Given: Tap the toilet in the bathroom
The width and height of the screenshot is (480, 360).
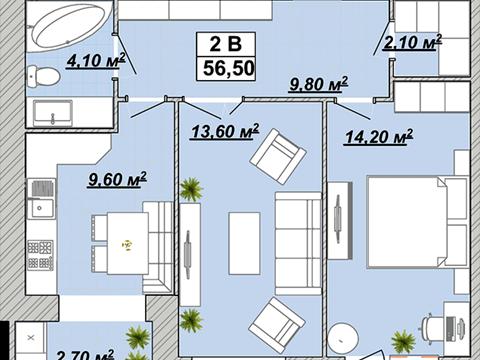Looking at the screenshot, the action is click(x=44, y=76).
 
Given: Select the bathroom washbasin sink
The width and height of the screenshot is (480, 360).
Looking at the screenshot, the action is click(x=53, y=113).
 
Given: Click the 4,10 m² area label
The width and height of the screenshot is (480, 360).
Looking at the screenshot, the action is click(x=96, y=60).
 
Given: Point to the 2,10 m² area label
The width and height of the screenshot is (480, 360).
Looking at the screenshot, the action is click(x=412, y=42).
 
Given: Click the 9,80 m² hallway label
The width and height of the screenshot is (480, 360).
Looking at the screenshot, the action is click(x=318, y=84).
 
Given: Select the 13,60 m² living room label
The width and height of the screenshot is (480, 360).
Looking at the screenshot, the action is click(x=225, y=131).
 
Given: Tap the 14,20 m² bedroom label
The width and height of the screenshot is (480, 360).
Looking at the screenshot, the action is click(x=379, y=136).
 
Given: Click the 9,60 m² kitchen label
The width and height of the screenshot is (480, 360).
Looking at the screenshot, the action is click(x=117, y=179).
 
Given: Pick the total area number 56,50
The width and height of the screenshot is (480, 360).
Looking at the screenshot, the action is click(x=229, y=68).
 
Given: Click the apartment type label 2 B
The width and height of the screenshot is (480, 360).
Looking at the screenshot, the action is click(x=226, y=44).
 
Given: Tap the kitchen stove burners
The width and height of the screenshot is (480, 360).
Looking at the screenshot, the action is click(x=40, y=255).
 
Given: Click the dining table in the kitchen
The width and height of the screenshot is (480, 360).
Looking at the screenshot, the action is click(x=128, y=243).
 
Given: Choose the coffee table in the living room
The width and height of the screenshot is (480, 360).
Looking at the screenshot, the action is click(x=244, y=243).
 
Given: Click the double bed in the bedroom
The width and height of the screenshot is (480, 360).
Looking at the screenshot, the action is click(x=407, y=222).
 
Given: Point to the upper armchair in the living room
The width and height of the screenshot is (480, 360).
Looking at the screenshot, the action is click(x=278, y=156).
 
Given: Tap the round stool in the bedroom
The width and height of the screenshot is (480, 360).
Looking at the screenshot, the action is click(x=343, y=339).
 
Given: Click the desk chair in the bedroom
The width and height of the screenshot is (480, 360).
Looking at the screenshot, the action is click(x=433, y=329).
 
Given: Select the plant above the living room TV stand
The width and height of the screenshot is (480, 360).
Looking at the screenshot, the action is click(x=191, y=189).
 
